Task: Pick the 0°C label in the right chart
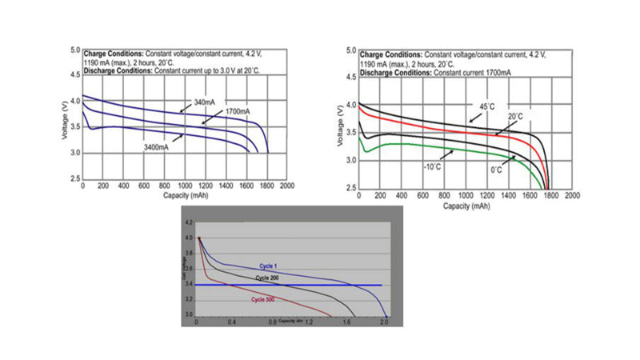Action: pyautogui.click(x=496, y=170)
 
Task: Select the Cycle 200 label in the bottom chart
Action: pyautogui.click(x=269, y=277)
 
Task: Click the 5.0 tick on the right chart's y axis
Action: pyautogui.click(x=350, y=50)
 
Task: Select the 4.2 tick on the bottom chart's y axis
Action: pyautogui.click(x=189, y=222)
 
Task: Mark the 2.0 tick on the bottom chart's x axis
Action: pyautogui.click(x=384, y=322)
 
